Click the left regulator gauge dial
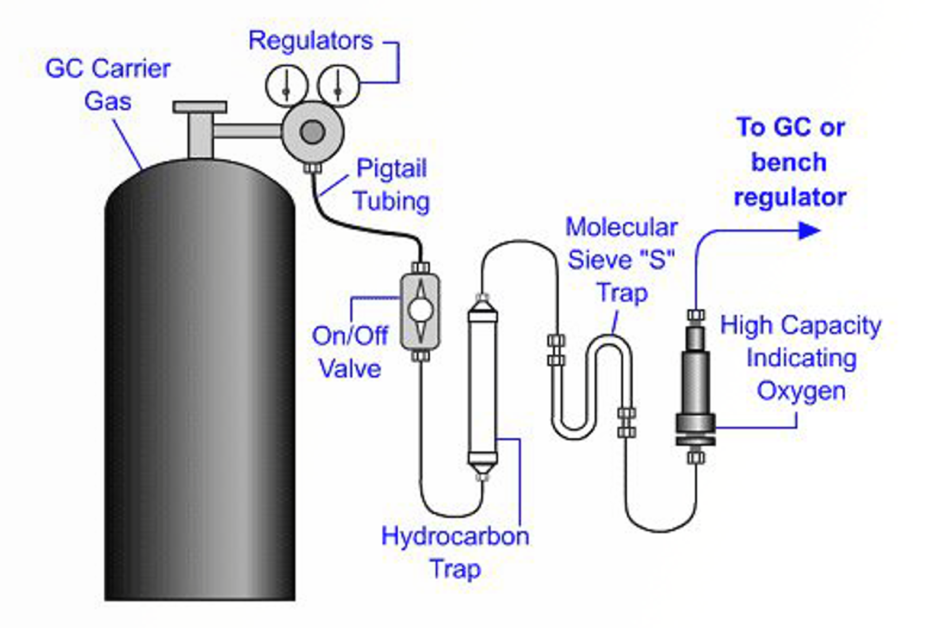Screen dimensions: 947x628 (x=286, y=86)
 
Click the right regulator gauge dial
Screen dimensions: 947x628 (x=338, y=86)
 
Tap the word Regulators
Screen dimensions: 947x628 (x=311, y=41)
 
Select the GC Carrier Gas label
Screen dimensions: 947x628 (x=108, y=85)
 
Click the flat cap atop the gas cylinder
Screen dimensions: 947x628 (x=199, y=107)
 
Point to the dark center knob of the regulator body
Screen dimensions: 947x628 (x=313, y=132)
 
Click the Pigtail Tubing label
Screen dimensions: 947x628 (x=391, y=184)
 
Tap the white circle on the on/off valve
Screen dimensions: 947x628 (x=420, y=310)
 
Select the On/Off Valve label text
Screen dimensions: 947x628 (x=350, y=352)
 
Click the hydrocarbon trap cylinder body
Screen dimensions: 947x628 (x=482, y=387)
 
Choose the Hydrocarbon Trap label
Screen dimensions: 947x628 (x=455, y=552)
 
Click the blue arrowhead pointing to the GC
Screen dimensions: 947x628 (x=809, y=230)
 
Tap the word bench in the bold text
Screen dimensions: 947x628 (x=789, y=162)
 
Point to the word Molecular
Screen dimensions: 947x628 (x=621, y=228)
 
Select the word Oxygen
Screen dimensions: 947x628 (x=801, y=392)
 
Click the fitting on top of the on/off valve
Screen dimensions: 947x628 (x=420, y=268)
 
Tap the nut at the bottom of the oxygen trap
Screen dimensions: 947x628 (x=695, y=457)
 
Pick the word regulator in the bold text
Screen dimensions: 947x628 (x=790, y=197)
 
